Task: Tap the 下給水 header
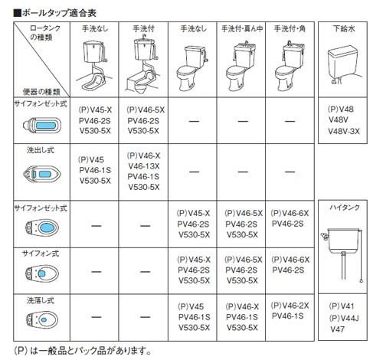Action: click(344, 28)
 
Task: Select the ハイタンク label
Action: click(345, 208)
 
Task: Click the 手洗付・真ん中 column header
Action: click(242, 28)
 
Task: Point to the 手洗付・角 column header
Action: click(290, 28)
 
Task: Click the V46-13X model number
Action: click(144, 166)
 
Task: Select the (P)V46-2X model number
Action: click(290, 306)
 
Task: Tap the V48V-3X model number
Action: click(344, 131)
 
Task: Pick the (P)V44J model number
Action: click(344, 318)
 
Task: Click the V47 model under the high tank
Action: click(337, 329)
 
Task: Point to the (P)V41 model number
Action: click(342, 306)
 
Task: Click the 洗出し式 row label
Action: click(41, 150)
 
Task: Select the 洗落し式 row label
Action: click(41, 301)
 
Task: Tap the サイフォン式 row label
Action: click(41, 254)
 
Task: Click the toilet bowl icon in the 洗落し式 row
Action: click(42, 319)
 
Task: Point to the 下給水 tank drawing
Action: click(344, 64)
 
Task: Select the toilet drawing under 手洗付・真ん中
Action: click(241, 66)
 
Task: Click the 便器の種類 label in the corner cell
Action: click(41, 91)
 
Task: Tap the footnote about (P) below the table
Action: click(82, 351)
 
